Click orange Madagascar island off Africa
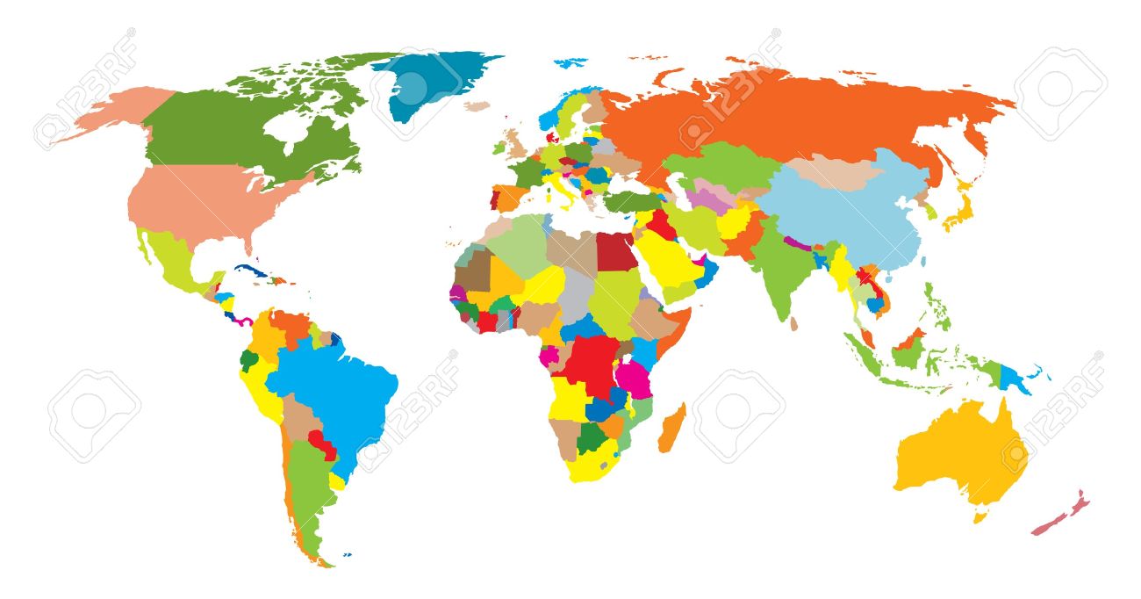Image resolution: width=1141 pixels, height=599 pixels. [673, 429]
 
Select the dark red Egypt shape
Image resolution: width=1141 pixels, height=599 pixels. [615, 251]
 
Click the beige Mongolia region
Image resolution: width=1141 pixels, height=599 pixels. [834, 171]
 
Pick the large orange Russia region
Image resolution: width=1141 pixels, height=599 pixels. [790, 114]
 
